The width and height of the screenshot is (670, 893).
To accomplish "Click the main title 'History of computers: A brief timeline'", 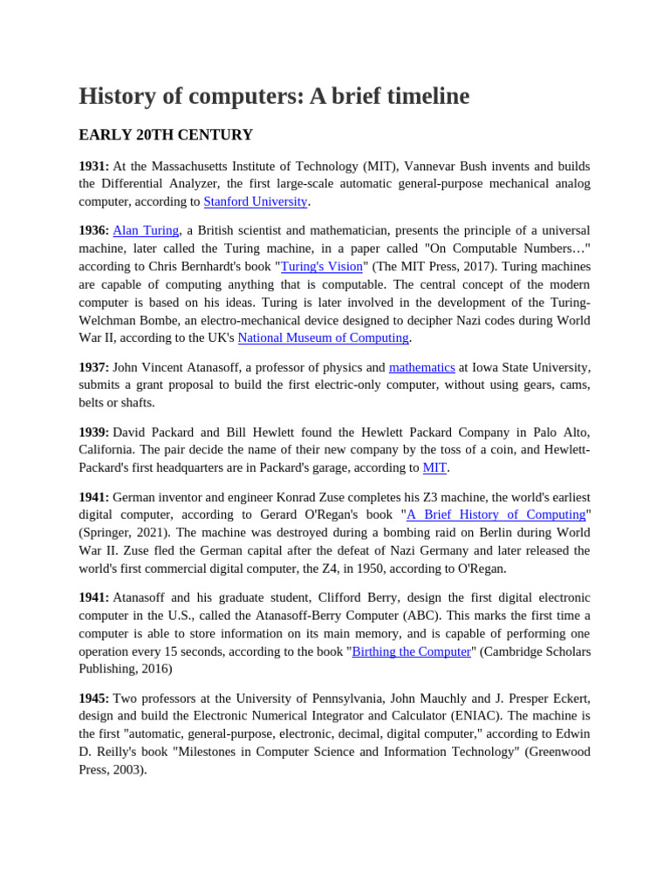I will (x=274, y=96).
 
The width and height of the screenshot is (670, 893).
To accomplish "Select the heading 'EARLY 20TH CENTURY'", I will (x=166, y=135).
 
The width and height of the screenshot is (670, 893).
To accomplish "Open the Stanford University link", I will (x=256, y=201).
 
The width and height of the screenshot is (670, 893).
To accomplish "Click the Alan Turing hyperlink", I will (x=146, y=230).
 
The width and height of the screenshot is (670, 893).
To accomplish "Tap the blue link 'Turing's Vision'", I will (x=321, y=266).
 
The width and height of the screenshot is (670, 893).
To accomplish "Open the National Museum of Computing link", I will (x=323, y=337).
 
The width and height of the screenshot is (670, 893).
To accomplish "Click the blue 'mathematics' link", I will (x=421, y=367).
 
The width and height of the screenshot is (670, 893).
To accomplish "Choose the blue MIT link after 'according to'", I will (x=434, y=467).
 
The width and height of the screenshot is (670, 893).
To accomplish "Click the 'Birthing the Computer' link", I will (x=411, y=651).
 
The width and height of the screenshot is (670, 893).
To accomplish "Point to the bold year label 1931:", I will (x=93, y=166).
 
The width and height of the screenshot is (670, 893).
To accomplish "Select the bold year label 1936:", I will (x=93, y=230).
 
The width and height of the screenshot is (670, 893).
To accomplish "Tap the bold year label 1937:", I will (x=93, y=367).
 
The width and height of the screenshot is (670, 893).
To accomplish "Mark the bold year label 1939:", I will (x=93, y=433).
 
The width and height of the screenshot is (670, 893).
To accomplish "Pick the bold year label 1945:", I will (x=93, y=699).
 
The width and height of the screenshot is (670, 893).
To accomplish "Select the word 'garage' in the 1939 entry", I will (x=361, y=467).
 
